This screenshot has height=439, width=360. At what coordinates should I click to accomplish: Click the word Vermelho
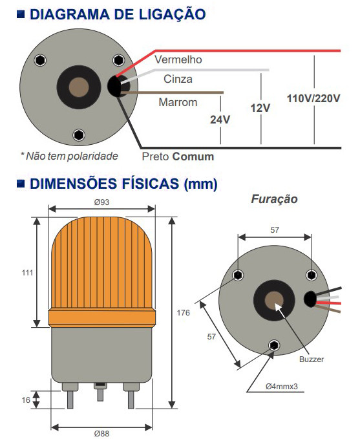coord(178,59)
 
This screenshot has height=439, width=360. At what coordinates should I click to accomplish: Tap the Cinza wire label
coord(178,80)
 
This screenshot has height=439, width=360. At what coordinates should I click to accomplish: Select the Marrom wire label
coord(178,102)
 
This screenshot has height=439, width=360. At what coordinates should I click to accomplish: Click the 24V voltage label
coord(220,120)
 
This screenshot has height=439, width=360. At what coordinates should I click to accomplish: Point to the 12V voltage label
coord(260,107)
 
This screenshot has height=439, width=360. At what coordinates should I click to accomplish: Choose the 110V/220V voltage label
coord(313,98)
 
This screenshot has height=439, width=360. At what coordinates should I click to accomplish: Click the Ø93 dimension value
coord(101,202)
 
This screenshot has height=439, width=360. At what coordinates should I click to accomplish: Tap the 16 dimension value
coord(26,400)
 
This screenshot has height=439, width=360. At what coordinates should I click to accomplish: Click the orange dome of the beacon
coord(101,272)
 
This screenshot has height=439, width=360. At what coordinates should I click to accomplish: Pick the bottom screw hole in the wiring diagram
coord(79,134)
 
